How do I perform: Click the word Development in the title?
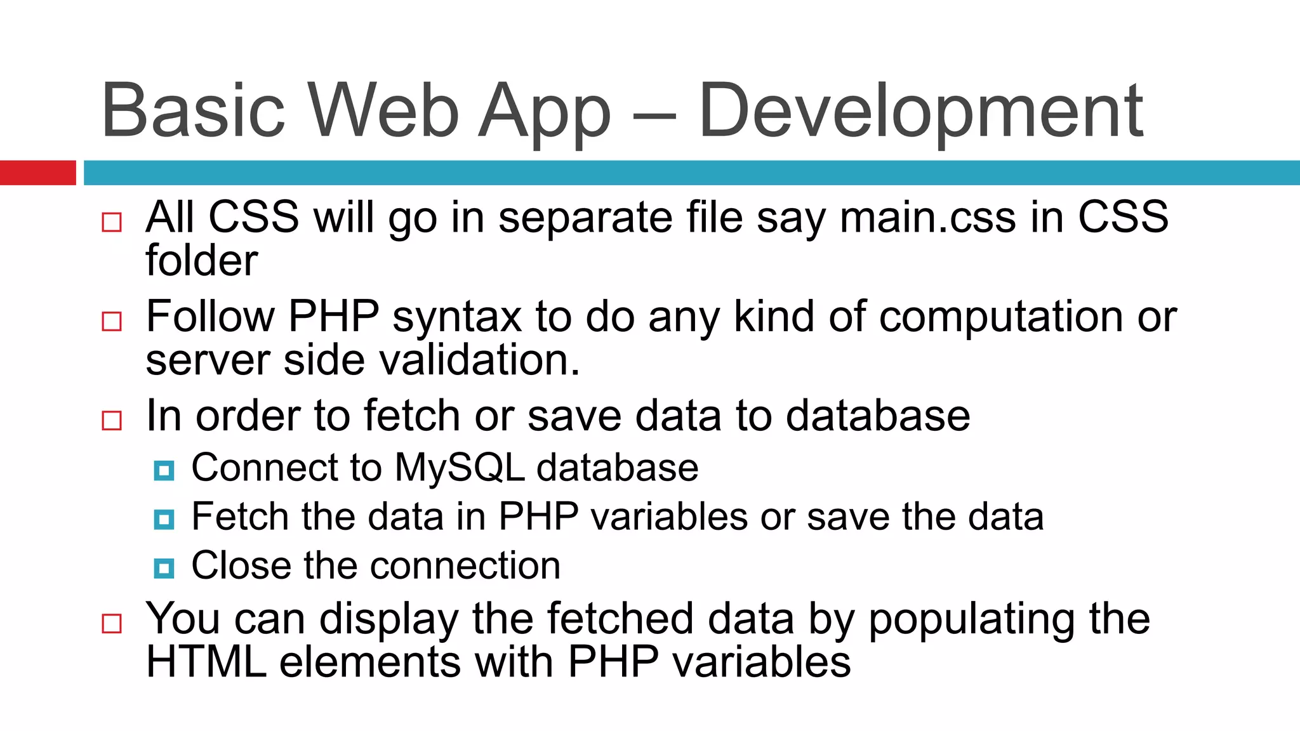(x=920, y=111)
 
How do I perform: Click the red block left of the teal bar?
(x=37, y=173)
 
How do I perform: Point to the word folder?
(x=201, y=261)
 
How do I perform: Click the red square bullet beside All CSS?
(x=112, y=222)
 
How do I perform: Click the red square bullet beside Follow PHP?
(x=112, y=321)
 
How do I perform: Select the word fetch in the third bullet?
(x=412, y=416)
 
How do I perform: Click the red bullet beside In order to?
(x=112, y=420)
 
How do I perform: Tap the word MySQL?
(x=459, y=468)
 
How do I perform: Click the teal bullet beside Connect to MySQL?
(x=164, y=471)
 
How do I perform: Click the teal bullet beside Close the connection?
(x=164, y=568)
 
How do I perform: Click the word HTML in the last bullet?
(x=206, y=662)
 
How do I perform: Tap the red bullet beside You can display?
(x=112, y=623)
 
